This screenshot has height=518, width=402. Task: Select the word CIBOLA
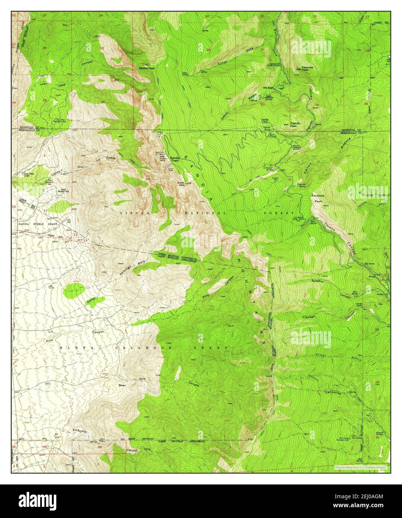[130, 213]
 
